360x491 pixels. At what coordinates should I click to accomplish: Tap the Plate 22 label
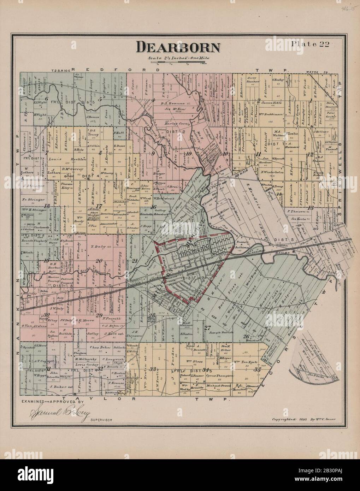click(x=306, y=44)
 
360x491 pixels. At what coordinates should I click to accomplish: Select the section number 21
click(x=135, y=261)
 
